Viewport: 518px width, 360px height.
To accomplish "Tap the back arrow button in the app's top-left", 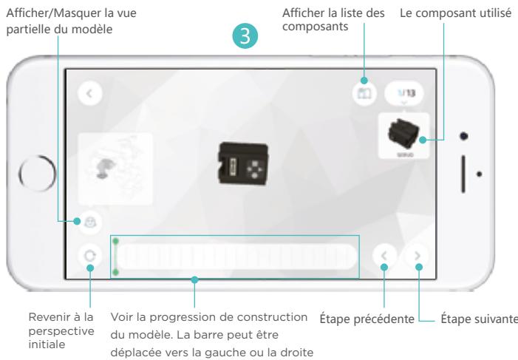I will (x=89, y=93).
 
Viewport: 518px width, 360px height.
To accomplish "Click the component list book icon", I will (x=364, y=95).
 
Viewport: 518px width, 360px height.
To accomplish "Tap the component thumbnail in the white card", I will (x=404, y=135).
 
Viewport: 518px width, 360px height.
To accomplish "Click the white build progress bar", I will (x=236, y=257).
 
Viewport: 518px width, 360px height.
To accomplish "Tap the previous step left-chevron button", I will (x=384, y=257).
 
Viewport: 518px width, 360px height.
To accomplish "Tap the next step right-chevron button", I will (x=418, y=257).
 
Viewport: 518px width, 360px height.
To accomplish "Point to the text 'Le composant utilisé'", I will (x=454, y=13).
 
